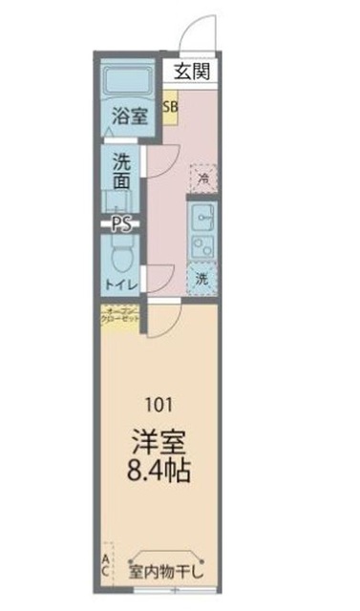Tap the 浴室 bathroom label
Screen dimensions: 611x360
[130, 117]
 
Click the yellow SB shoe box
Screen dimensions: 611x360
[170, 107]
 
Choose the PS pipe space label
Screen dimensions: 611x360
[121, 225]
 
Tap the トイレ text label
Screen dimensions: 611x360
[122, 284]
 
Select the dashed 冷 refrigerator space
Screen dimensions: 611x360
[203, 177]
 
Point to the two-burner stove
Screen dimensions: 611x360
[203, 247]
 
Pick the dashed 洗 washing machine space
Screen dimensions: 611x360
[201, 279]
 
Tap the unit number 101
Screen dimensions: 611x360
[158, 401]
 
